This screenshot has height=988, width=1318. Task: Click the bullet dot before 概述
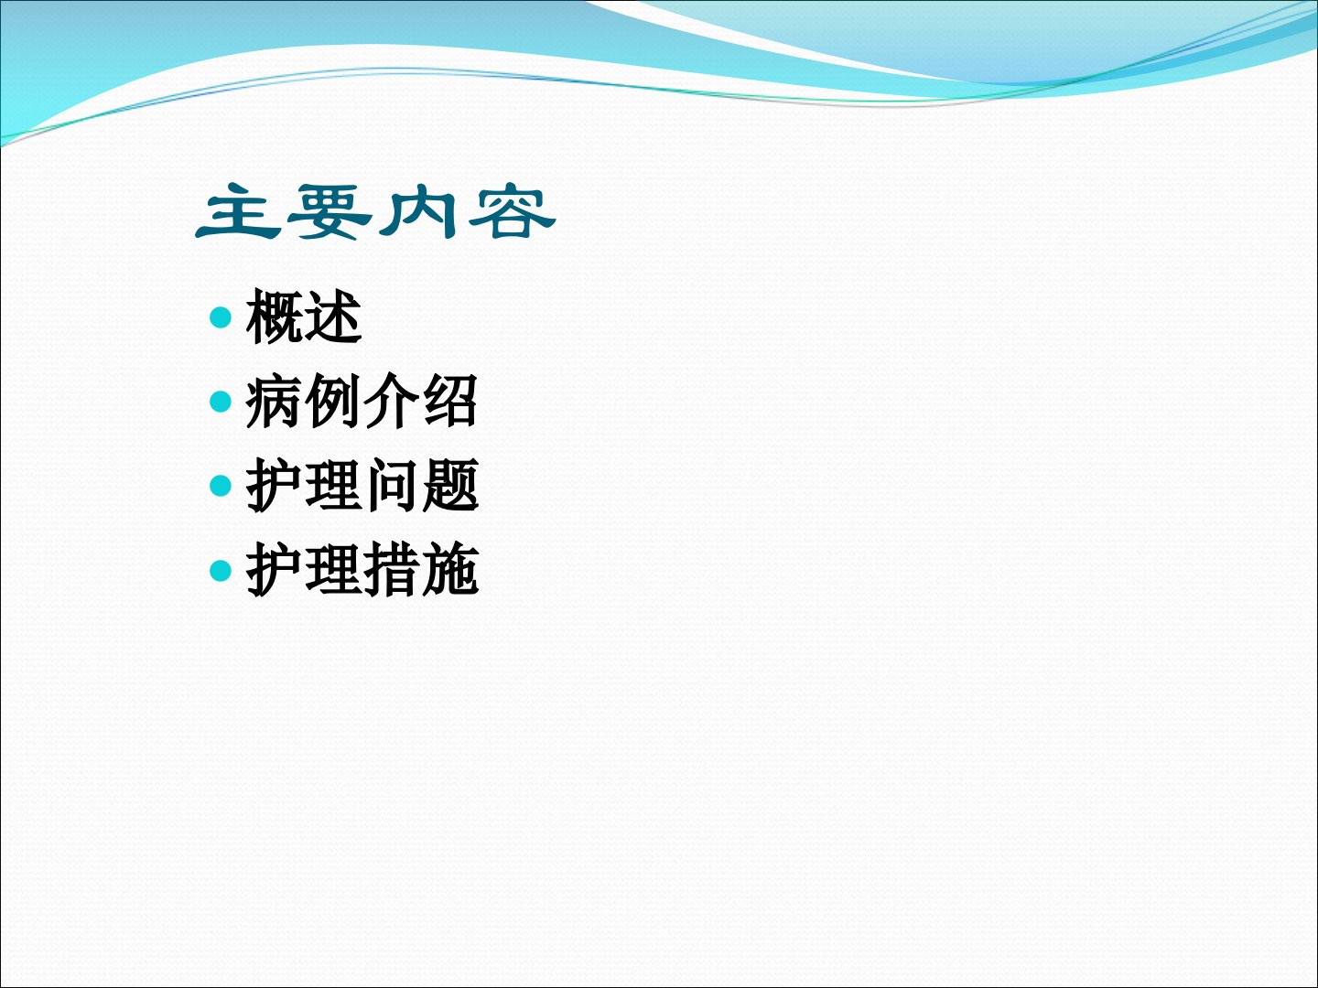pyautogui.click(x=221, y=317)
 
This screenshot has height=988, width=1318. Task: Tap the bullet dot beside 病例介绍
pyautogui.click(x=221, y=402)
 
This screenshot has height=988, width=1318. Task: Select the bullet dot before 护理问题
pyautogui.click(x=221, y=486)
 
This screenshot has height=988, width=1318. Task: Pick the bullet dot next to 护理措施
pyautogui.click(x=221, y=571)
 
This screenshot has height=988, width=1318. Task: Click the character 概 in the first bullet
pyautogui.click(x=274, y=317)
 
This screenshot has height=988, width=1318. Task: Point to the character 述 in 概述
pyautogui.click(x=333, y=317)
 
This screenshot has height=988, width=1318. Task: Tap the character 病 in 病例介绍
pyautogui.click(x=274, y=401)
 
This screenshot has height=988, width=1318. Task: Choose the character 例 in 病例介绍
pyautogui.click(x=332, y=401)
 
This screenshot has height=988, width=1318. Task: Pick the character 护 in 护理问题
pyautogui.click(x=274, y=485)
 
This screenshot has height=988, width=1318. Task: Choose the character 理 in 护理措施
pyautogui.click(x=332, y=570)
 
